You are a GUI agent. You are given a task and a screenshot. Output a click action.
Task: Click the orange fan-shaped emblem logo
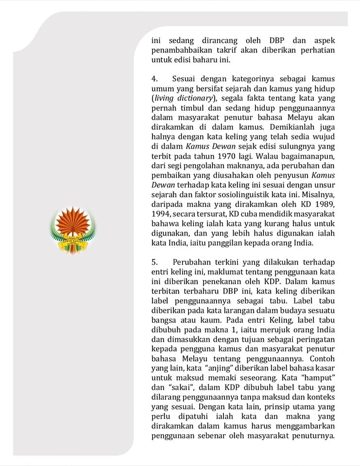tap(73, 229)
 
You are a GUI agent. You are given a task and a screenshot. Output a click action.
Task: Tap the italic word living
tap(165, 97)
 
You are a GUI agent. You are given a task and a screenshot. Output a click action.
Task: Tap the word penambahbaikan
tap(180, 51)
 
